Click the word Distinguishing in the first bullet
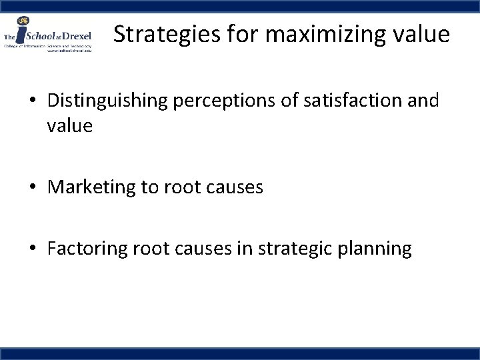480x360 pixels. point(113,101)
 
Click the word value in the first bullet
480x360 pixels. point(69,126)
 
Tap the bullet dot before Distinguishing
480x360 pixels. point(33,101)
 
